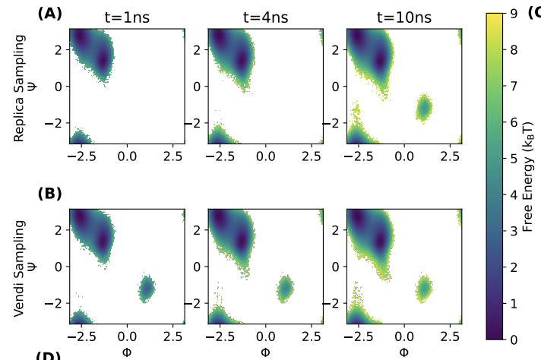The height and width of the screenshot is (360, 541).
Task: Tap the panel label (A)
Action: [49, 13]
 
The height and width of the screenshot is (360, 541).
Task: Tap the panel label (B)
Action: [49, 194]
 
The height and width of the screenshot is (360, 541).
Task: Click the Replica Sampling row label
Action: [20, 87]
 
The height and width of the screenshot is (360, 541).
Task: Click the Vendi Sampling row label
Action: [20, 267]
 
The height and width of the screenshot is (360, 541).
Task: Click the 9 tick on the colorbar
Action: [514, 14]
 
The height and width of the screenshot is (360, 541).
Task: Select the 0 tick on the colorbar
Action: [514, 339]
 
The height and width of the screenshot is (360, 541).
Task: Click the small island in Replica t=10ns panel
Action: [424, 107]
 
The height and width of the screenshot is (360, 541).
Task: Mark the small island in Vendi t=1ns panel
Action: [147, 288]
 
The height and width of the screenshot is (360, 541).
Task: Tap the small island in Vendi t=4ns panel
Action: [285, 288]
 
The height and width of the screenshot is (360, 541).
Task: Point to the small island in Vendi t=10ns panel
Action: [424, 288]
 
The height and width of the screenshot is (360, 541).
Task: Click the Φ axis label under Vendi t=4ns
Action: [265, 352]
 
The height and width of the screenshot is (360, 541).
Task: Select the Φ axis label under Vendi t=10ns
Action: [404, 352]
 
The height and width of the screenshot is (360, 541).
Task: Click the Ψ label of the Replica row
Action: [33, 86]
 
